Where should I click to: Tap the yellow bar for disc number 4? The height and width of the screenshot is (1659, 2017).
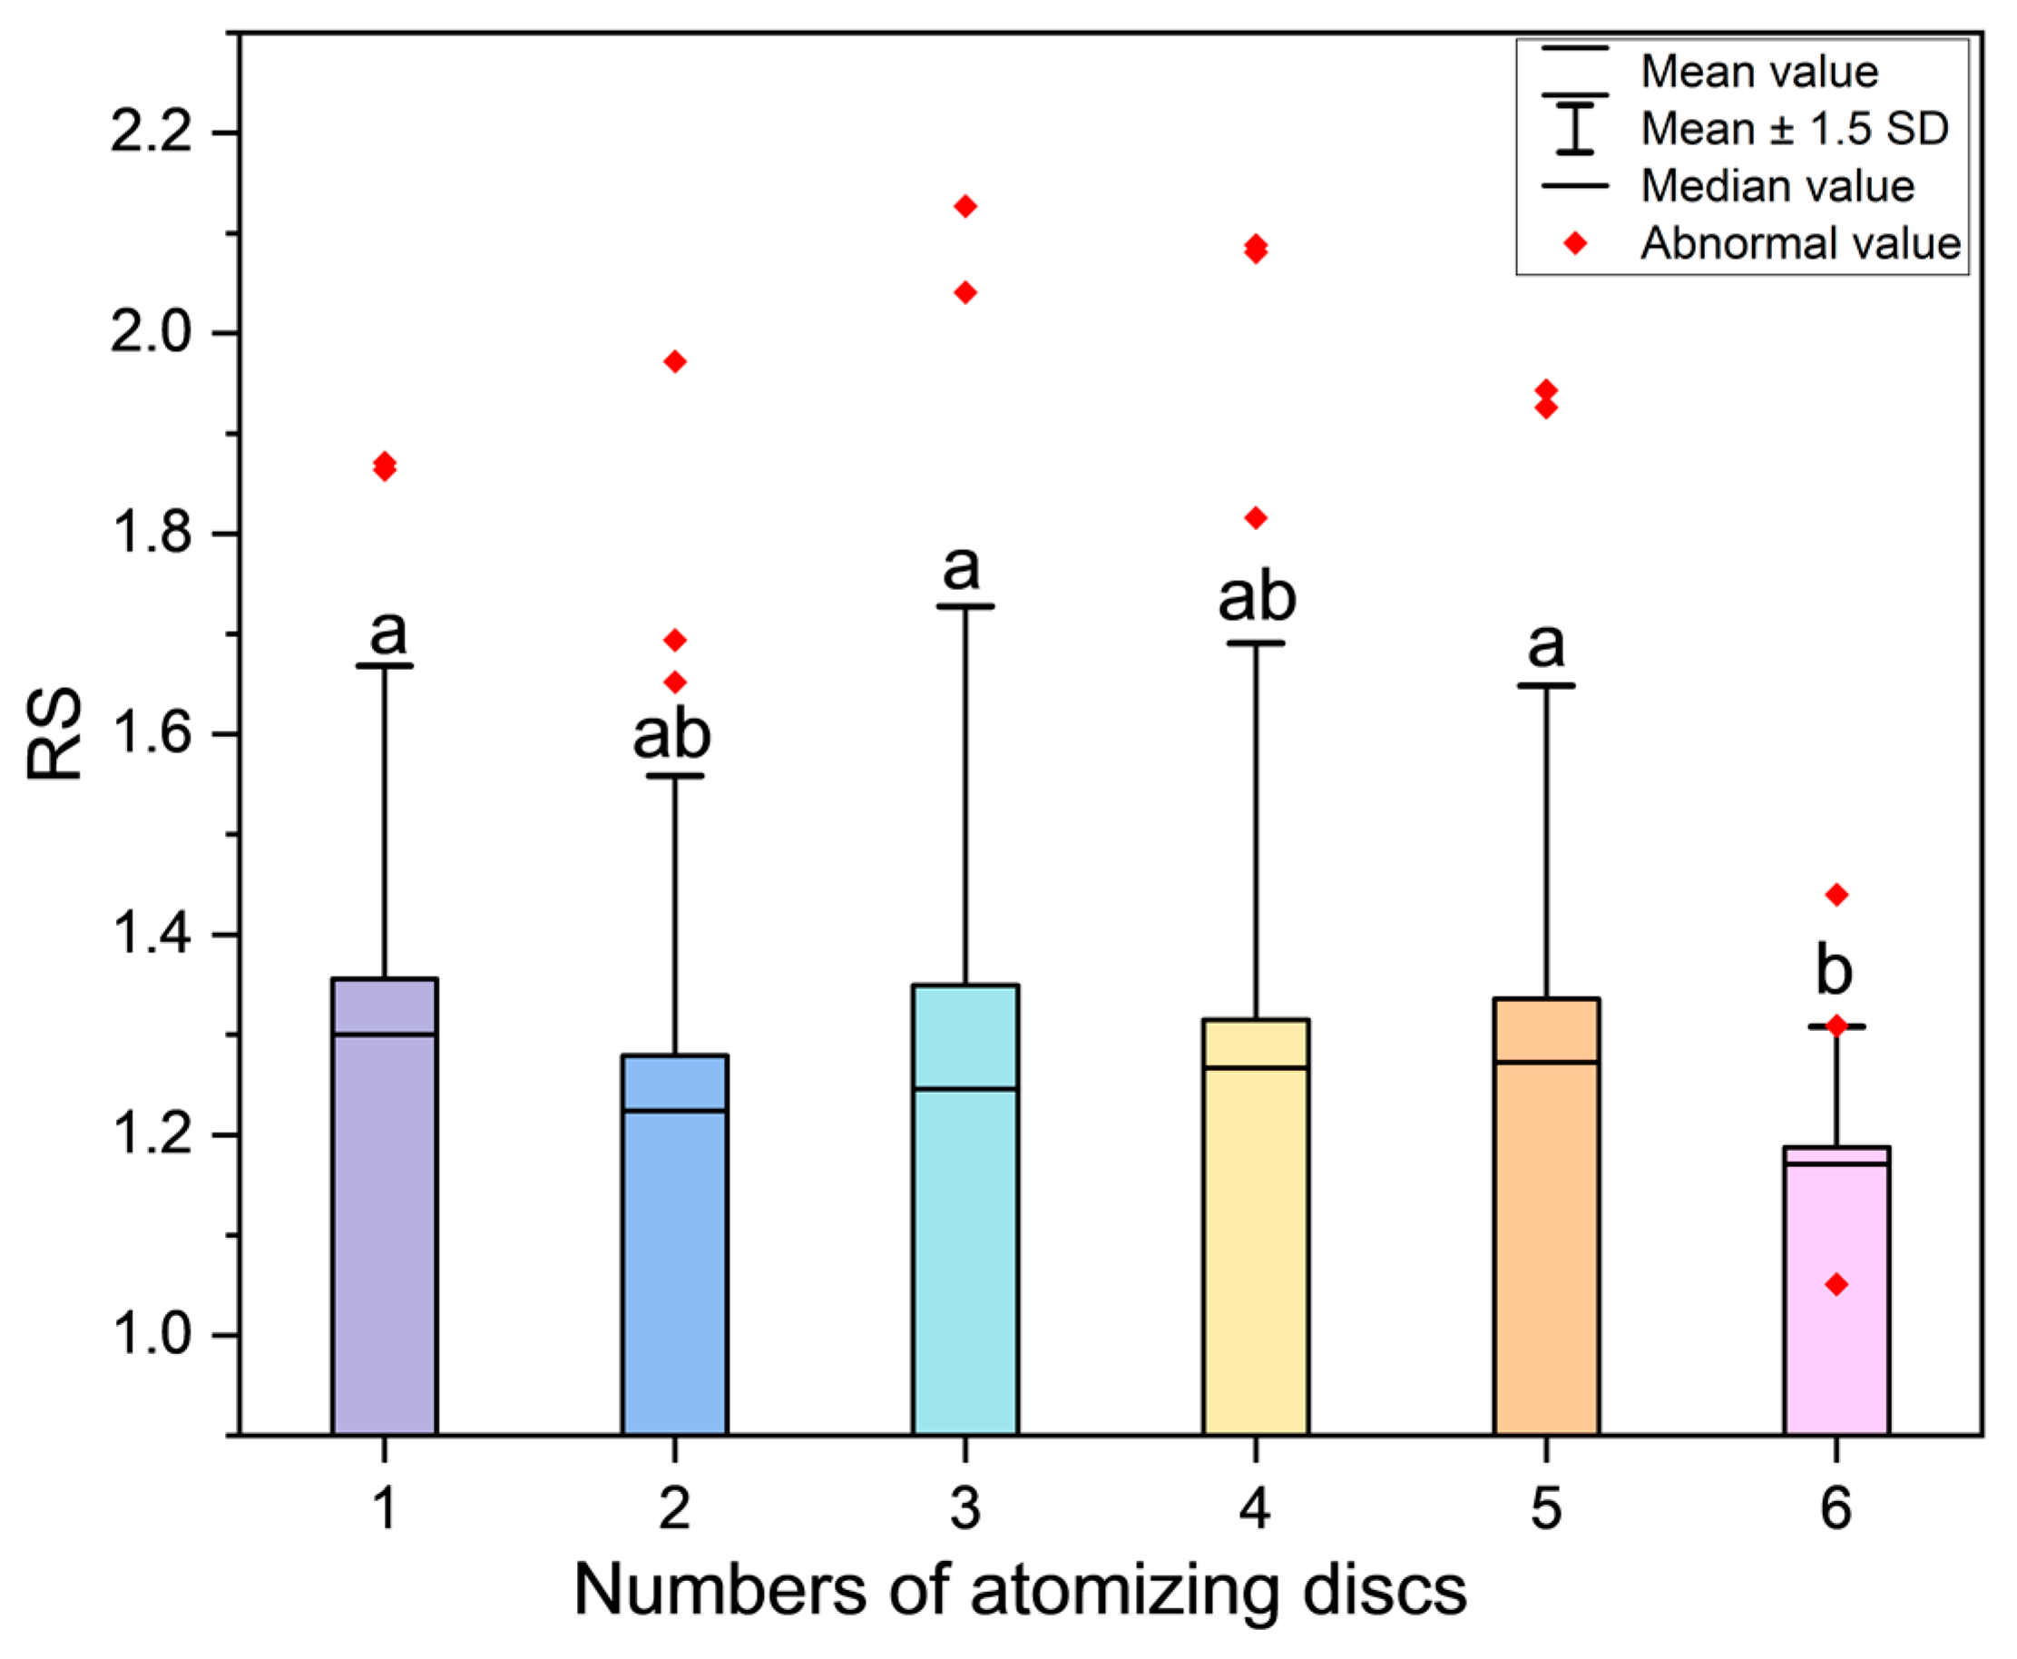[1256, 1242]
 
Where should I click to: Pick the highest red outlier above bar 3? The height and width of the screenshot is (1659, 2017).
[965, 206]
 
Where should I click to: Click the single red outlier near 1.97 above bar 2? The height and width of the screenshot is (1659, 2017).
[674, 361]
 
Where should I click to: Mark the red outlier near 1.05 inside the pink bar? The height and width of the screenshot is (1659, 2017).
[1836, 1284]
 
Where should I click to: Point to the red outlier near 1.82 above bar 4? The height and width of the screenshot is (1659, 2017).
[1256, 518]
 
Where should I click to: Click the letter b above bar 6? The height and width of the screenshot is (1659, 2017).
[1834, 970]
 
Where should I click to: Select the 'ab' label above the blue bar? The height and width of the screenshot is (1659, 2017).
[671, 734]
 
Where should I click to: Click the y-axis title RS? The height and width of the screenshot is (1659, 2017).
[54, 734]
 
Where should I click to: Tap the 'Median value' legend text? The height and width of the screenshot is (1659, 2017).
[1777, 186]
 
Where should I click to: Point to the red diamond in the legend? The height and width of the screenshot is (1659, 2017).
[1575, 244]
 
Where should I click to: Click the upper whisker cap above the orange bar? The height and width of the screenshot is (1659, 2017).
[1545, 685]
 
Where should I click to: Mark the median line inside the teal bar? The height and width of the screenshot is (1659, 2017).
[965, 1088]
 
